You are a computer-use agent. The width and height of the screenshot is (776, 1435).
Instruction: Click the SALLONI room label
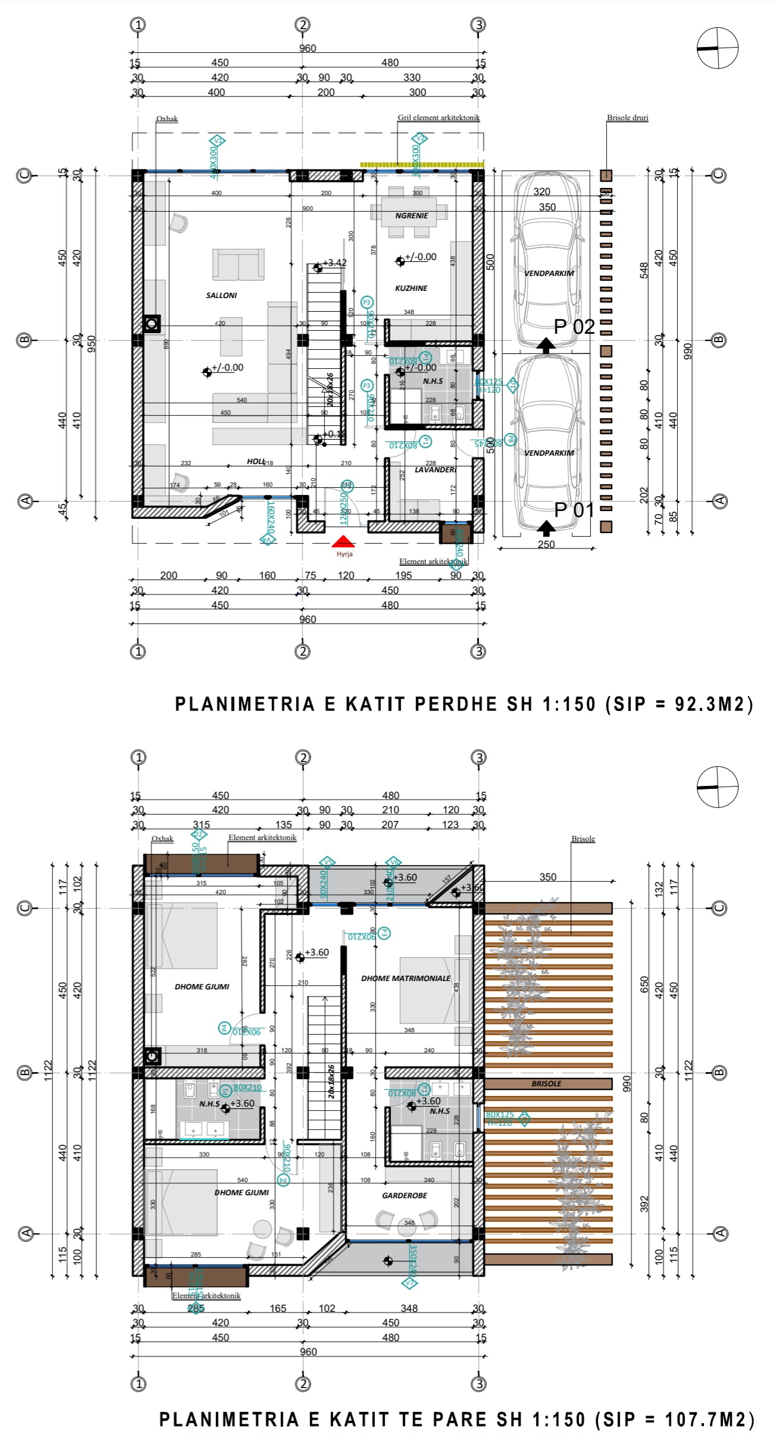(x=221, y=295)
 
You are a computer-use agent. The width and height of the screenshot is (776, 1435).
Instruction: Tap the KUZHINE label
(x=411, y=288)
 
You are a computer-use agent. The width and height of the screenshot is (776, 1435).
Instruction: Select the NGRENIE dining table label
(x=411, y=215)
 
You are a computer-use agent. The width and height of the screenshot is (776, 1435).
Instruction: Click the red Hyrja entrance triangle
(x=343, y=541)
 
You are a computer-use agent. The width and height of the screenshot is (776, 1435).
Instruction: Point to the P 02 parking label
(x=574, y=327)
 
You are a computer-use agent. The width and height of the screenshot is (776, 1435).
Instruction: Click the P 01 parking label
(x=574, y=510)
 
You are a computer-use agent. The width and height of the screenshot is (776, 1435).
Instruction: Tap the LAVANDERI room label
(x=436, y=469)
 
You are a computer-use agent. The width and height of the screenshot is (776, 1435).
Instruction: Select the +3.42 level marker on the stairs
(x=334, y=263)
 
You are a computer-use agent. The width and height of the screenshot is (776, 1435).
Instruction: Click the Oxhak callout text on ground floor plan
(x=167, y=118)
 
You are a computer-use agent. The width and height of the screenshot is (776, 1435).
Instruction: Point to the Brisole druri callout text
(x=627, y=118)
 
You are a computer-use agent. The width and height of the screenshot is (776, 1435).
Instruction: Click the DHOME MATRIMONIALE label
(x=405, y=978)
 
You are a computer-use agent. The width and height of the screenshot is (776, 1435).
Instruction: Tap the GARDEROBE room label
(x=404, y=1195)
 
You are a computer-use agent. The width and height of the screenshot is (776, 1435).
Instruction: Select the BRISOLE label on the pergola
(x=546, y=1083)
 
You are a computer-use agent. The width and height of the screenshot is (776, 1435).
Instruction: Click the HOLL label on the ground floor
(x=256, y=462)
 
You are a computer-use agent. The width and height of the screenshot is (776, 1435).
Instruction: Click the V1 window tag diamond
(x=217, y=141)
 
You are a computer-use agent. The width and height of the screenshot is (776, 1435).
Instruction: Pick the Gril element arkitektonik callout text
(x=439, y=118)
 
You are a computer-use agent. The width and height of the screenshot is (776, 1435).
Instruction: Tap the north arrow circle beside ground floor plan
(x=717, y=48)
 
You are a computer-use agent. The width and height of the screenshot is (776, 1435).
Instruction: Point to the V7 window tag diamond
(x=409, y=1283)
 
